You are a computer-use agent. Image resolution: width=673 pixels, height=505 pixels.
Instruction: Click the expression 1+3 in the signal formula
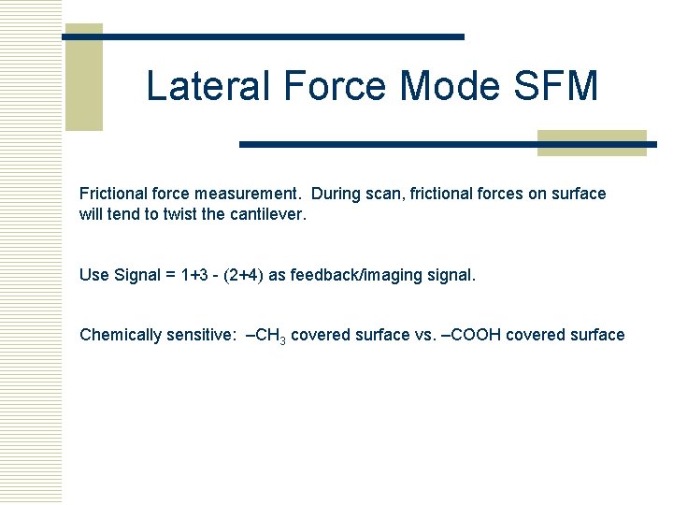(x=194, y=275)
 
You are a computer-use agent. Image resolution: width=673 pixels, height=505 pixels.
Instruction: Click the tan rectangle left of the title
(x=83, y=78)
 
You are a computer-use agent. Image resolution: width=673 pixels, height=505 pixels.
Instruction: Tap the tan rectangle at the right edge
(x=592, y=142)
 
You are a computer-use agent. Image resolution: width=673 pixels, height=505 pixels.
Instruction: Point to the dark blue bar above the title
(x=264, y=36)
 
